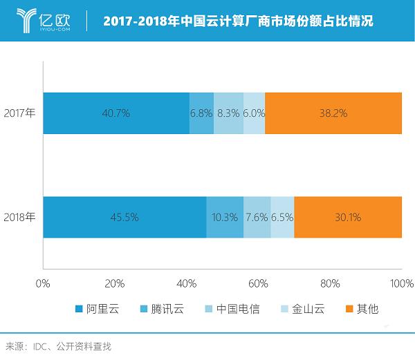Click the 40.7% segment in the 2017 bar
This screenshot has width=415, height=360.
coord(116,113)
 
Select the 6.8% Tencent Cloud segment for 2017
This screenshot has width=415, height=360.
coord(201,113)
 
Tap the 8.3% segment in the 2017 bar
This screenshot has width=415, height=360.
coord(228,113)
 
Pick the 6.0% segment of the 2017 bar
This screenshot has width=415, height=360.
coord(254,113)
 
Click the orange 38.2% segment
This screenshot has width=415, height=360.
coord(333,113)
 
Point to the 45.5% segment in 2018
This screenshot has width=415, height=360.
coord(124,217)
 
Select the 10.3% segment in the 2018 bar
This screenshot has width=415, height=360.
coord(225,217)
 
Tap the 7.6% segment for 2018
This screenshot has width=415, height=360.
coord(257,217)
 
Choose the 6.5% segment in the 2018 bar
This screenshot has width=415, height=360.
coord(282,217)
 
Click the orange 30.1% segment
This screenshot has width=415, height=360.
coord(348,217)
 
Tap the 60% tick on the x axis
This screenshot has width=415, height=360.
coord(258,283)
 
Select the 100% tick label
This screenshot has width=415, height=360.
coord(401,283)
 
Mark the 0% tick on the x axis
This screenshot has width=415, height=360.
coord(43,283)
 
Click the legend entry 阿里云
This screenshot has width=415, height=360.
coord(97,309)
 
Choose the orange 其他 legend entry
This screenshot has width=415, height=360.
coord(362,309)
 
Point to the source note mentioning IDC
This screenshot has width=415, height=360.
coord(58,345)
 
